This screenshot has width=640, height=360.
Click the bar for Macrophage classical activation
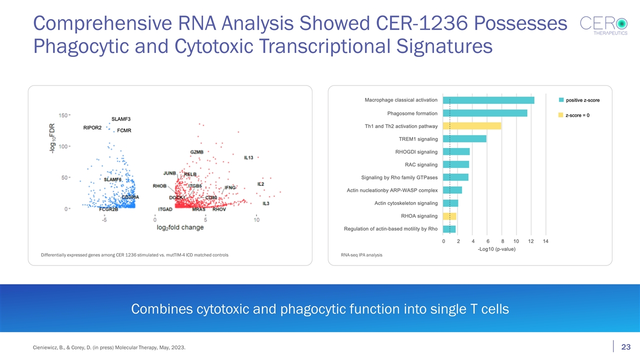tap(489, 100)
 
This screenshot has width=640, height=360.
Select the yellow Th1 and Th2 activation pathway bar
tap(472, 126)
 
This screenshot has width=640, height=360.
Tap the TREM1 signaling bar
tap(465, 138)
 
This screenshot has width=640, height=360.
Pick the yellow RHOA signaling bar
tap(450, 216)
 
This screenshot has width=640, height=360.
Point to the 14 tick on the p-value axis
tap(546, 241)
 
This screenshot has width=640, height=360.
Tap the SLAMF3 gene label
tap(121, 119)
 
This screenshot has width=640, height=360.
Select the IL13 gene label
tap(248, 157)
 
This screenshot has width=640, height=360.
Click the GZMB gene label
tap(196, 152)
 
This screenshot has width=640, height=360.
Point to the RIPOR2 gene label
tap(92, 128)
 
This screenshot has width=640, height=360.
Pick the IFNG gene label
tap(230, 187)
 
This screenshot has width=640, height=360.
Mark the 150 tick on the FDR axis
tap(63, 115)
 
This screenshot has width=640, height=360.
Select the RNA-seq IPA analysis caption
tap(361, 255)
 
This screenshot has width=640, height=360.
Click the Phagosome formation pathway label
tap(412, 113)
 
